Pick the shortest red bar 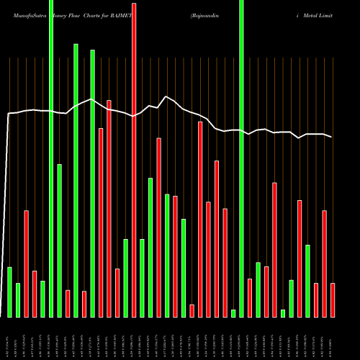[x=192, y=310]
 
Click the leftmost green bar [x=9, y=292]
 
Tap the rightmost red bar [x=333, y=300]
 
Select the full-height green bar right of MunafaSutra [x=51, y=158]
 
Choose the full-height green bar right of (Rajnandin [x=241, y=158]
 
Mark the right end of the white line [x=332, y=137]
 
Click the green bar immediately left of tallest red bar [x=125, y=278]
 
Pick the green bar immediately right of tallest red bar [x=142, y=278]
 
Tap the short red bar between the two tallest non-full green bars [x=84, y=304]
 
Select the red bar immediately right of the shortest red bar [x=200, y=220]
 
